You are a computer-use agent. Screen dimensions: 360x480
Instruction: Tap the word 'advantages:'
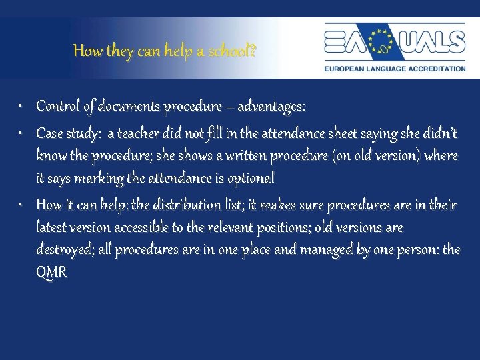270,107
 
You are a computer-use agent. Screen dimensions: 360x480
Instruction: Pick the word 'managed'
322,251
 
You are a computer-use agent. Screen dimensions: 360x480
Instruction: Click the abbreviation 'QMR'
51,273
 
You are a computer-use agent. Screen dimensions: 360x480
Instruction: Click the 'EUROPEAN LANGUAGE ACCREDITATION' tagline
395,69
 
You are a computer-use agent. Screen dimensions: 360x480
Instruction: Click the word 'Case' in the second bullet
49,134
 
